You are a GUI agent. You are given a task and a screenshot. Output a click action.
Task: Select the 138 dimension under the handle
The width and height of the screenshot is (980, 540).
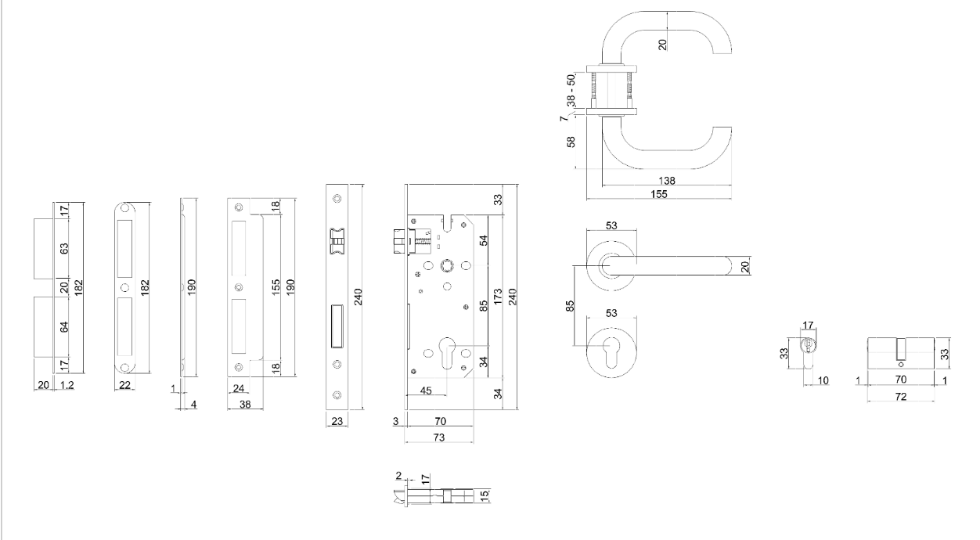click(667, 181)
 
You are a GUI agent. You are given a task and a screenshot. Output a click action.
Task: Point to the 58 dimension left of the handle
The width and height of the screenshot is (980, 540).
click(571, 142)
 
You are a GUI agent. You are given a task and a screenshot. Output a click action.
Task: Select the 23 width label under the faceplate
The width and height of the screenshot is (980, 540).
click(337, 421)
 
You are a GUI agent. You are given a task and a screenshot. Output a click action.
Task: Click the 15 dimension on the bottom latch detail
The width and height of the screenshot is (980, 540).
click(485, 495)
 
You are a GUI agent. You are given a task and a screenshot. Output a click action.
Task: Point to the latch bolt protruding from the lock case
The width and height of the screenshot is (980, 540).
click(397, 239)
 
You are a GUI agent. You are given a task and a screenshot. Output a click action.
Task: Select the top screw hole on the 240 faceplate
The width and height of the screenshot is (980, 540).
click(337, 196)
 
